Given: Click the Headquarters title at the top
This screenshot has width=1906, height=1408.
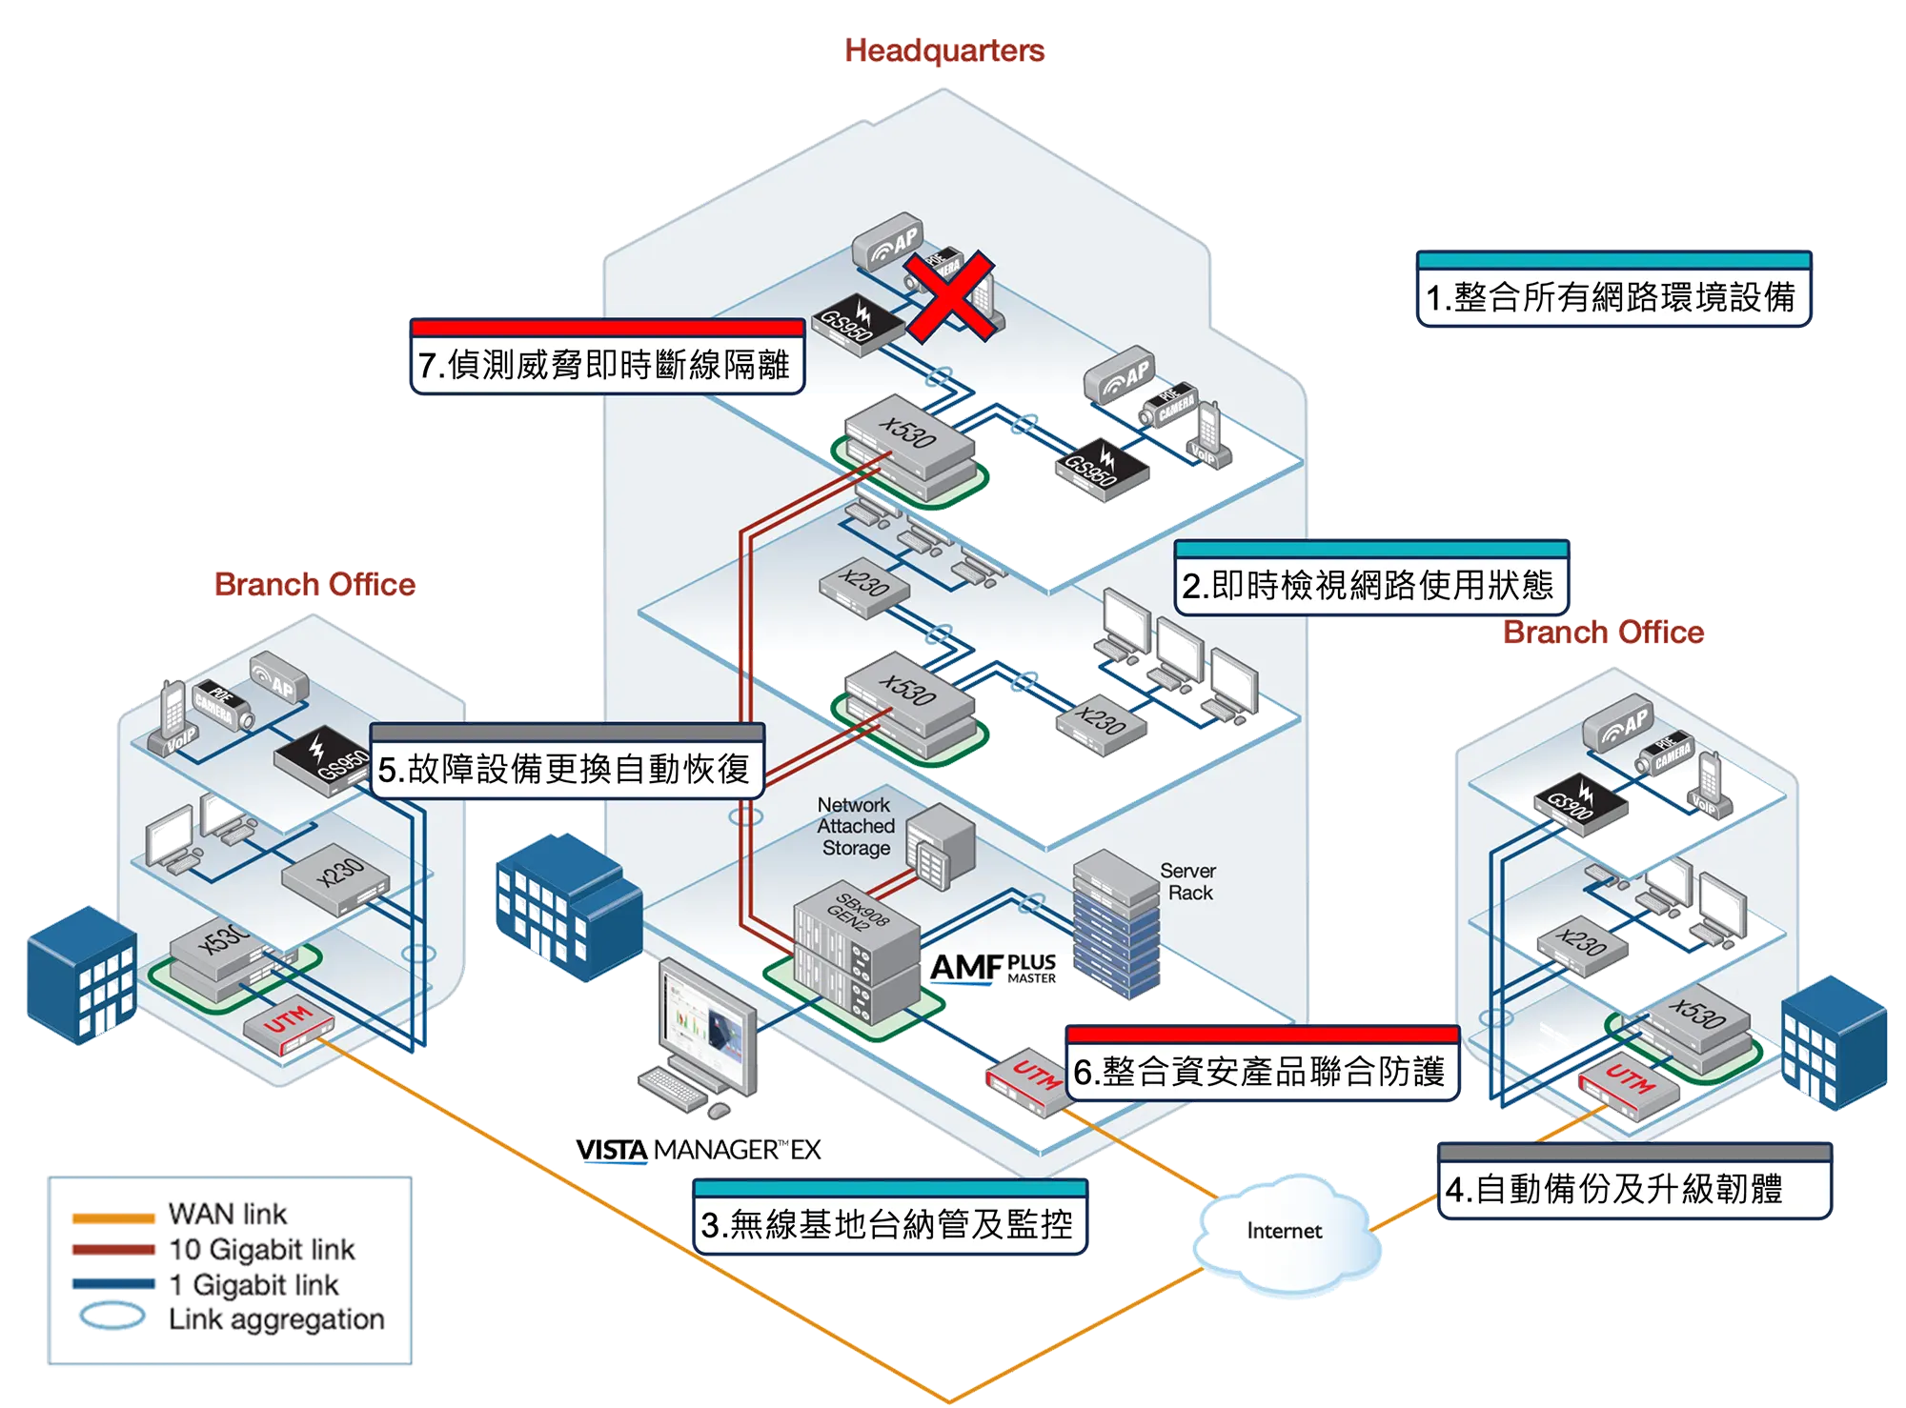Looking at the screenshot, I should tap(944, 50).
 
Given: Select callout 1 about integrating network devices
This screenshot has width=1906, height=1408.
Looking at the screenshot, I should tap(1611, 296).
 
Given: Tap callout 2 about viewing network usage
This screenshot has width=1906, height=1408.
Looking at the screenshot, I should tap(1369, 584).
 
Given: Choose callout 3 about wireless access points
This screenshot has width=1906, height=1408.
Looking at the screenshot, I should tap(887, 1223).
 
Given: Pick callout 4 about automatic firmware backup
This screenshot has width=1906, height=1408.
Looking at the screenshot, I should tap(1614, 1188).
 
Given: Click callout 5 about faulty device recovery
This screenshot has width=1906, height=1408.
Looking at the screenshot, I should tap(564, 768).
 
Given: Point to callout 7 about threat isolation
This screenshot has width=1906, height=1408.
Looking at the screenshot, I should tap(604, 363).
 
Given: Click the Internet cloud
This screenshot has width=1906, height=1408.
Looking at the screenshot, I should tap(1284, 1231).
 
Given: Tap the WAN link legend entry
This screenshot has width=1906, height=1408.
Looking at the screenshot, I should tap(228, 1214).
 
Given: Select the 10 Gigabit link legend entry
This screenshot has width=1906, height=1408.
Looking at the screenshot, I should tap(261, 1249).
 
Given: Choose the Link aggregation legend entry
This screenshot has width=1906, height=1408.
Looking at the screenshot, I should tap(276, 1319).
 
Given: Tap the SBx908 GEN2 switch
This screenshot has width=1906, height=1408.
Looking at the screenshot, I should tap(856, 953).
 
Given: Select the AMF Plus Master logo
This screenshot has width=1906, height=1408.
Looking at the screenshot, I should tap(994, 968).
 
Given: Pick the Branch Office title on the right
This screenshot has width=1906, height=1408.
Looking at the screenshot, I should tap(1604, 632).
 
